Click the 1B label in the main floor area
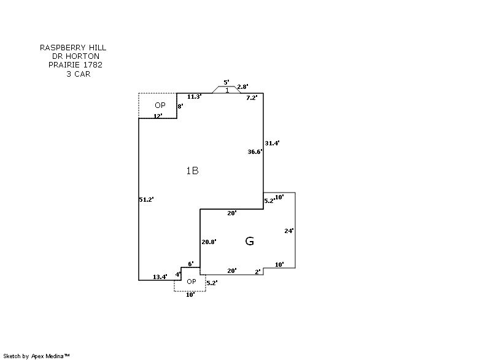[192, 171]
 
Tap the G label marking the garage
[250, 241]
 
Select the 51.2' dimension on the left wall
[146, 199]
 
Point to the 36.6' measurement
[255, 151]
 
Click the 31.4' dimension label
[272, 143]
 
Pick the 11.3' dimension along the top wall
[195, 97]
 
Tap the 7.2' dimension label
[252, 97]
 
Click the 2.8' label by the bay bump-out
[242, 87]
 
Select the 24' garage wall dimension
[289, 231]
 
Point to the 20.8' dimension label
[209, 242]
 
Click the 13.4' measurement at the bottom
[160, 277]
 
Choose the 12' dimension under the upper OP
[158, 116]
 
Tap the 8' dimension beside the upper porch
[180, 106]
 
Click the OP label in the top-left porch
[160, 105]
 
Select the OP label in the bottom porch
[191, 281]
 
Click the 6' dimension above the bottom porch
[191, 264]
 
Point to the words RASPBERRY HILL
[73, 47]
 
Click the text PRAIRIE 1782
[75, 64]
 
